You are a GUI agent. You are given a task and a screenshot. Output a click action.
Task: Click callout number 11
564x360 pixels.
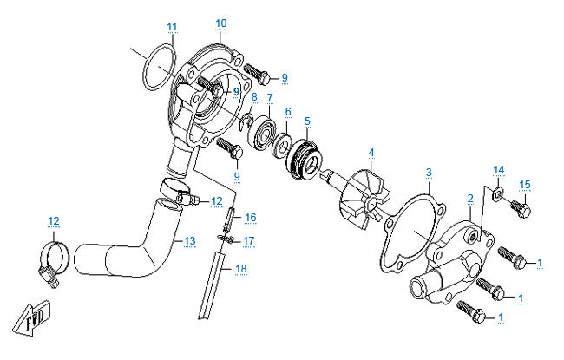(x=172, y=26)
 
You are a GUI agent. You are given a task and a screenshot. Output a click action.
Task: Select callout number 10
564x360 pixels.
(x=220, y=23)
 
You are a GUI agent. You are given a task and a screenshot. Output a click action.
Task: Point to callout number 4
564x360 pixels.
(x=371, y=153)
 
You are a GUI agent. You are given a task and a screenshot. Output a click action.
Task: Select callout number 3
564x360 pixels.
(x=428, y=173)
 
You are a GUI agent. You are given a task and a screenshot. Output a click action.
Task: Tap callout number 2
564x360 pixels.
(x=470, y=199)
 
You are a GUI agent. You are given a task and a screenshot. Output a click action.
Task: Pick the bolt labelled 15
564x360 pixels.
(x=521, y=207)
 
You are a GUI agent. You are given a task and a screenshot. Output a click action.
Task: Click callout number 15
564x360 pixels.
(x=524, y=184)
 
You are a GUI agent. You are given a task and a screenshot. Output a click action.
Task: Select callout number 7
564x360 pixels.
(x=270, y=97)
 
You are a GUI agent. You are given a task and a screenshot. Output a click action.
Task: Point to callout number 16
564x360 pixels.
(x=250, y=217)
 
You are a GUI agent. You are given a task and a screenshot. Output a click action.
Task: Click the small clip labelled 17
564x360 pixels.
(x=228, y=239)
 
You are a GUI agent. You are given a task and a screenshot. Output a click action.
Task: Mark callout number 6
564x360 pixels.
(x=288, y=111)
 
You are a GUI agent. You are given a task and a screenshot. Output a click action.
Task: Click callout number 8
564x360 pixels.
(x=253, y=96)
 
